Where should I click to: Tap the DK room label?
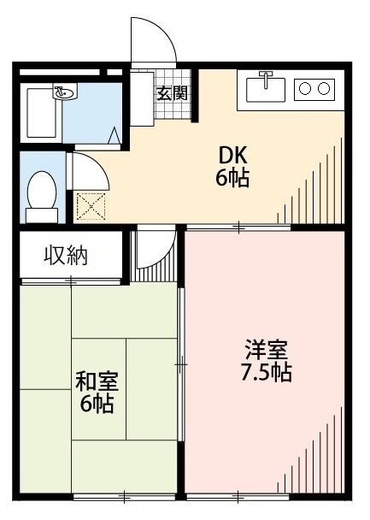pyautogui.click(x=232, y=155)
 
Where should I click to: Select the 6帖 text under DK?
pyautogui.click(x=232, y=179)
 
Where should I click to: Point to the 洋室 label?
pyautogui.click(x=266, y=351)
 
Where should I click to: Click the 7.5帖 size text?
pyautogui.click(x=267, y=373)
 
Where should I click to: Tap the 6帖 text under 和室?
pyautogui.click(x=96, y=404)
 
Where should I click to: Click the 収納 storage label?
pyautogui.click(x=67, y=257)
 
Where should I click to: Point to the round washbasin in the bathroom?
pyautogui.click(x=63, y=91)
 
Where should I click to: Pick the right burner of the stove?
pyautogui.click(x=324, y=87)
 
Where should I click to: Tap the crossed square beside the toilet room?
pyautogui.click(x=89, y=205)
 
